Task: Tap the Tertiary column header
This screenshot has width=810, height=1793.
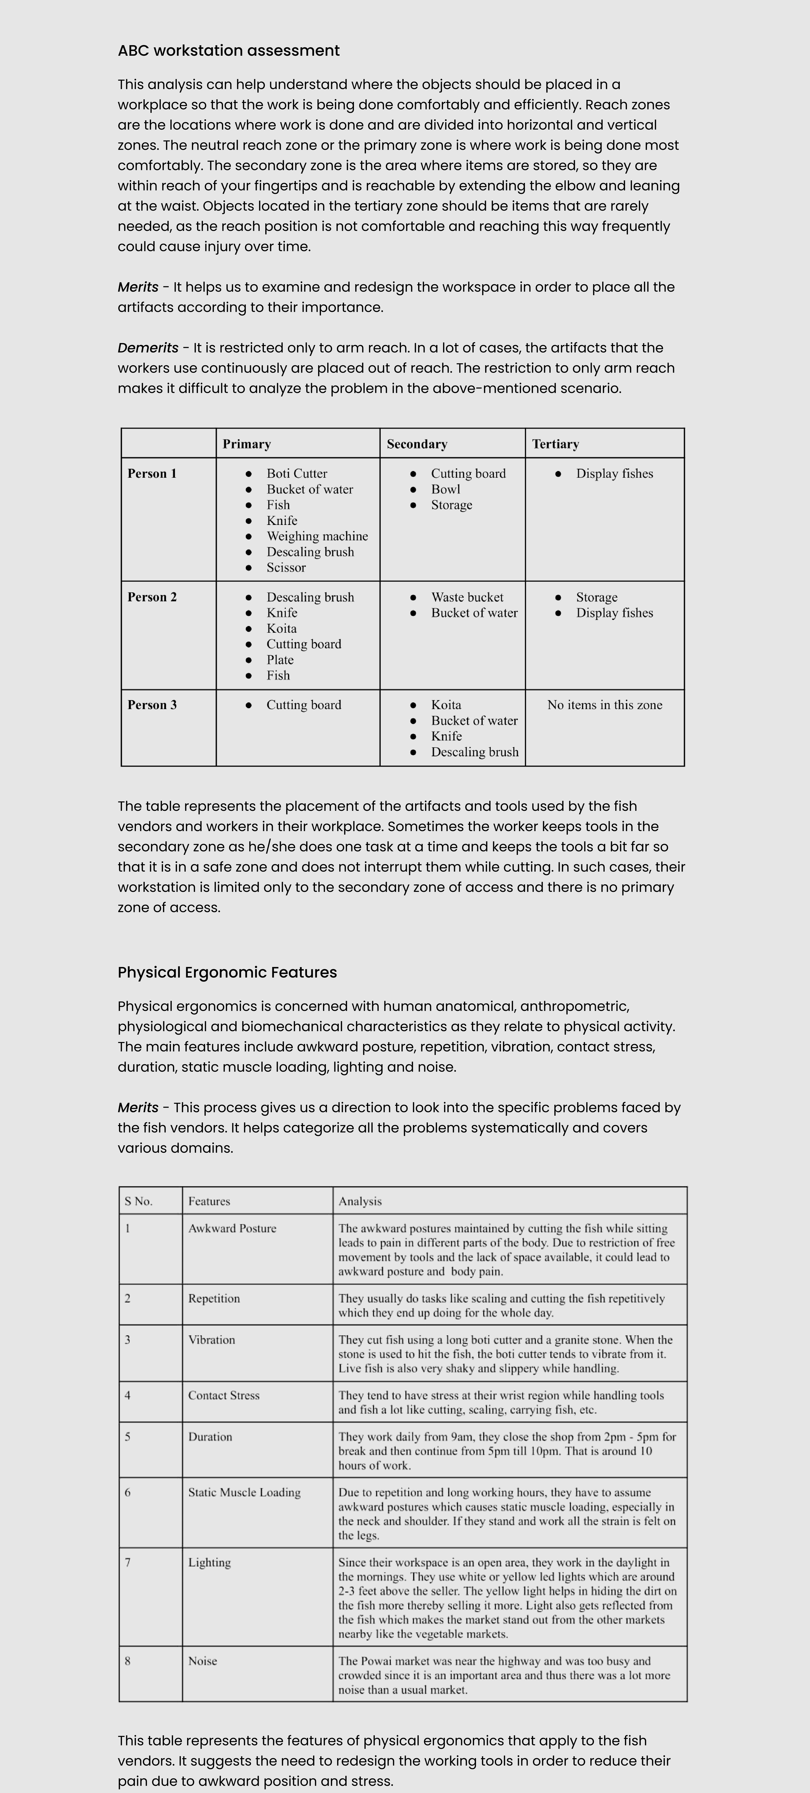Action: coord(555,444)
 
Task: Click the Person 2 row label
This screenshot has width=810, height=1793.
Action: coord(152,597)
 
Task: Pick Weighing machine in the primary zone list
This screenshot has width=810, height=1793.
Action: coord(317,536)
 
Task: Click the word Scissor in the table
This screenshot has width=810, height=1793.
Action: coord(286,567)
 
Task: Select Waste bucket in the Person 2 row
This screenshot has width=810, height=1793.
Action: coord(467,597)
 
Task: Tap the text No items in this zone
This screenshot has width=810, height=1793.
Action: coord(605,705)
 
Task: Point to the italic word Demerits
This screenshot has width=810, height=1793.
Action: coord(148,348)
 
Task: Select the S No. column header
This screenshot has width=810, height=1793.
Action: coord(139,1201)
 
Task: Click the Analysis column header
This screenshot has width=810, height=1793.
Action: coord(360,1201)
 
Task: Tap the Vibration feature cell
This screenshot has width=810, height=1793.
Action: coord(212,1340)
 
